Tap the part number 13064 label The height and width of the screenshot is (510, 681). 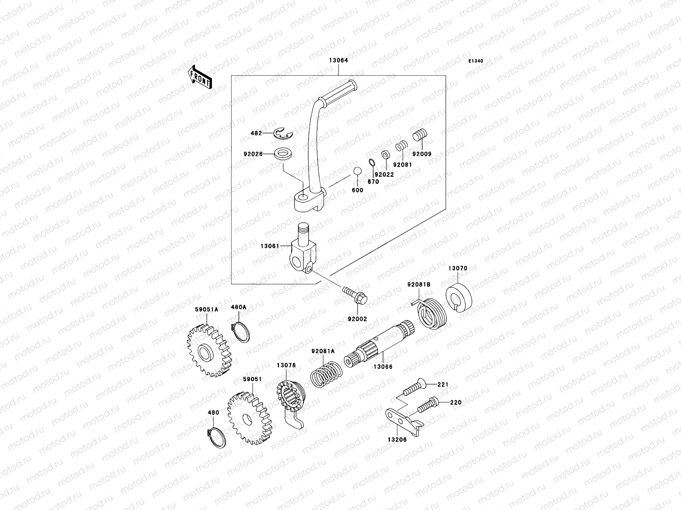(338, 60)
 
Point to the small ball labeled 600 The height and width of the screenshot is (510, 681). (357, 171)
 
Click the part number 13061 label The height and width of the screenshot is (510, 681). (270, 246)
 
